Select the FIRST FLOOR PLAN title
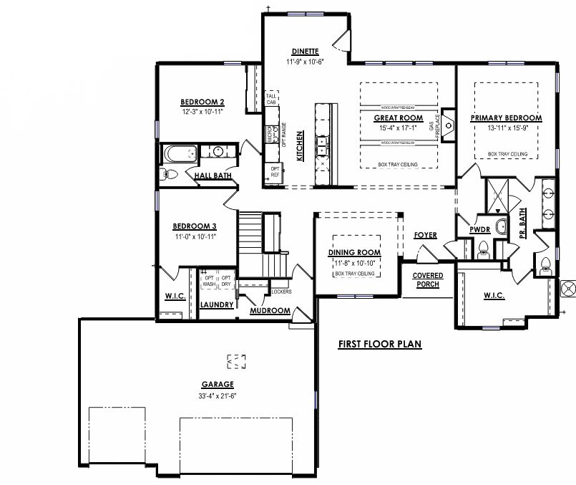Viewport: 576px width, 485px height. pyautogui.click(x=379, y=345)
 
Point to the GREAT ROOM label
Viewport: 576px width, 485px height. pyautogui.click(x=399, y=117)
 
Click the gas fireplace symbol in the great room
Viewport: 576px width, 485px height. pyautogui.click(x=448, y=126)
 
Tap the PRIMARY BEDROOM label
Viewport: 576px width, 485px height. pyautogui.click(x=506, y=117)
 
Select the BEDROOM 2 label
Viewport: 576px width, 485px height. pyautogui.click(x=202, y=102)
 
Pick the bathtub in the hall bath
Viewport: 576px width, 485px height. pyautogui.click(x=180, y=153)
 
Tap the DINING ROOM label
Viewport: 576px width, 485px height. pyautogui.click(x=354, y=253)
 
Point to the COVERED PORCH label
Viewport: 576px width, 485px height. pyautogui.click(x=428, y=280)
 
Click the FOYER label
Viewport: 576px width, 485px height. pyautogui.click(x=425, y=236)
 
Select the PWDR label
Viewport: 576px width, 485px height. pyautogui.click(x=479, y=229)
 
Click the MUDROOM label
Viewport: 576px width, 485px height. pyautogui.click(x=269, y=311)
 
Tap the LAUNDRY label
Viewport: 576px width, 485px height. pyautogui.click(x=217, y=304)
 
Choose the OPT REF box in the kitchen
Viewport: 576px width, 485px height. pyautogui.click(x=275, y=171)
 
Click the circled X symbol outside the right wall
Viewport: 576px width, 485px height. pyautogui.click(x=569, y=288)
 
